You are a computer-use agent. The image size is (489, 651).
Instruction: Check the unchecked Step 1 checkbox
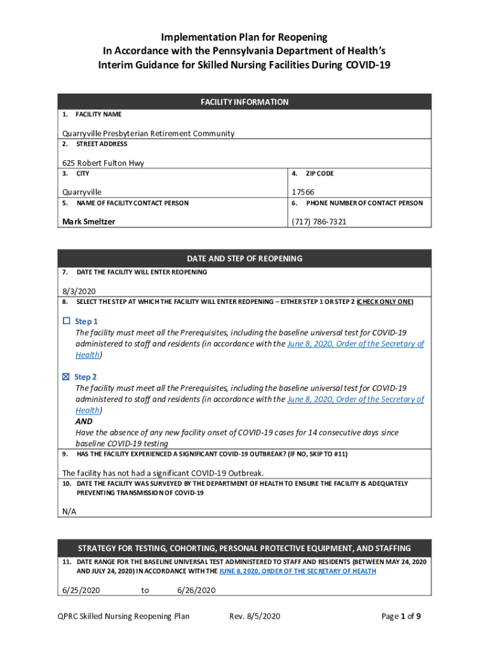pos(66,321)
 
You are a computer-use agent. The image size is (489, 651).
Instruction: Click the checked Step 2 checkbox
pos(66,377)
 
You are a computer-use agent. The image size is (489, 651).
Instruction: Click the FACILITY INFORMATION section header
pos(245,102)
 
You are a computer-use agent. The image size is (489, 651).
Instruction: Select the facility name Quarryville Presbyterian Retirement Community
pos(148,134)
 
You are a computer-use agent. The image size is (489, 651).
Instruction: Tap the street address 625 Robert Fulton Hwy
pos(103,163)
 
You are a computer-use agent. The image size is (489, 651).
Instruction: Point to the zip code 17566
pos(303,192)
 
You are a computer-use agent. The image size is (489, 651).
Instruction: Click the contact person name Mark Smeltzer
pos(89,222)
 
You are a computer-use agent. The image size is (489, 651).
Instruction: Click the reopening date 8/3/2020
pos(76,290)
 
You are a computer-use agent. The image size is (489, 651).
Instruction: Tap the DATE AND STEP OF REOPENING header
pos(245,259)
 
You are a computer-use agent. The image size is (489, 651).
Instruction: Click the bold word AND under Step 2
pos(84,421)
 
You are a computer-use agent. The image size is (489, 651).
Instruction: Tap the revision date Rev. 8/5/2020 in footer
pos(254,616)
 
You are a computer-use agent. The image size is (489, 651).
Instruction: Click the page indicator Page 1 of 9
pos(401,616)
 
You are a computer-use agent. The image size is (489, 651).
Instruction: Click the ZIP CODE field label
pos(319,174)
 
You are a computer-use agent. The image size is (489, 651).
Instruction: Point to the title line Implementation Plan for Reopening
pos(245,38)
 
